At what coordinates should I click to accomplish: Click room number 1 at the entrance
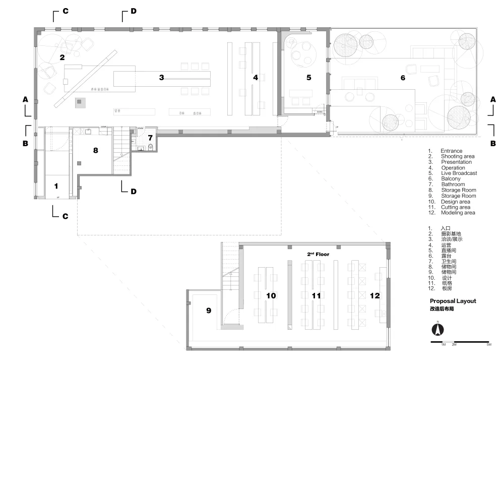pyautogui.click(x=56, y=186)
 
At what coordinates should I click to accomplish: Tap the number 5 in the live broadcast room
pyautogui.click(x=309, y=78)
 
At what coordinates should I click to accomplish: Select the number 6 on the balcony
pyautogui.click(x=403, y=78)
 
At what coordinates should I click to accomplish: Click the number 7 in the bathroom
pyautogui.click(x=150, y=137)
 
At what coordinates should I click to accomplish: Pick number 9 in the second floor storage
pyautogui.click(x=208, y=311)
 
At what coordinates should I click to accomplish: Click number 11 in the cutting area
pyautogui.click(x=316, y=296)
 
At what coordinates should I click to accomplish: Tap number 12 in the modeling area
pyautogui.click(x=374, y=296)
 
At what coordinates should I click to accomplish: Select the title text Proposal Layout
pyautogui.click(x=453, y=301)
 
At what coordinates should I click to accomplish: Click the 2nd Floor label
pyautogui.click(x=318, y=255)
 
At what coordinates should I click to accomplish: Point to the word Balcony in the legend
pyautogui.click(x=451, y=179)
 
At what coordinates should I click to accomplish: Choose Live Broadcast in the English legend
pyautogui.click(x=459, y=173)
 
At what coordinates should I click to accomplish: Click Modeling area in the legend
pyautogui.click(x=458, y=213)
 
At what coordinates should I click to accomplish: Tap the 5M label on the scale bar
pyautogui.click(x=488, y=344)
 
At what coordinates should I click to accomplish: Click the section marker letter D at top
pyautogui.click(x=133, y=11)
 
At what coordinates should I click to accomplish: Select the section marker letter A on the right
pyautogui.click(x=493, y=100)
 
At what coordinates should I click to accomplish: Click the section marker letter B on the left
pyautogui.click(x=25, y=143)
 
